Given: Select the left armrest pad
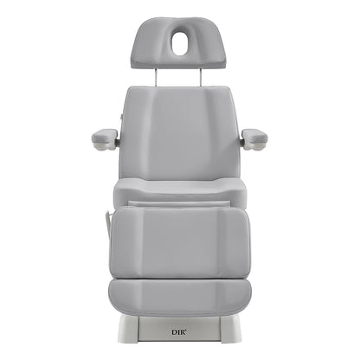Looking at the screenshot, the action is tap(105, 135).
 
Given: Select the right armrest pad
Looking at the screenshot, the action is tap(254, 135).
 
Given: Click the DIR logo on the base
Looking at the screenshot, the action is tap(179, 332).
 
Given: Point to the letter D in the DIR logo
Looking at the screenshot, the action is tap(174, 332).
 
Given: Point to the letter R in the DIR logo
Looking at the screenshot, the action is tap(183, 332).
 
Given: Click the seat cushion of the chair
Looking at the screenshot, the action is tap(180, 190).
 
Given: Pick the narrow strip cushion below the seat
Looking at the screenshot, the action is tap(179, 204).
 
